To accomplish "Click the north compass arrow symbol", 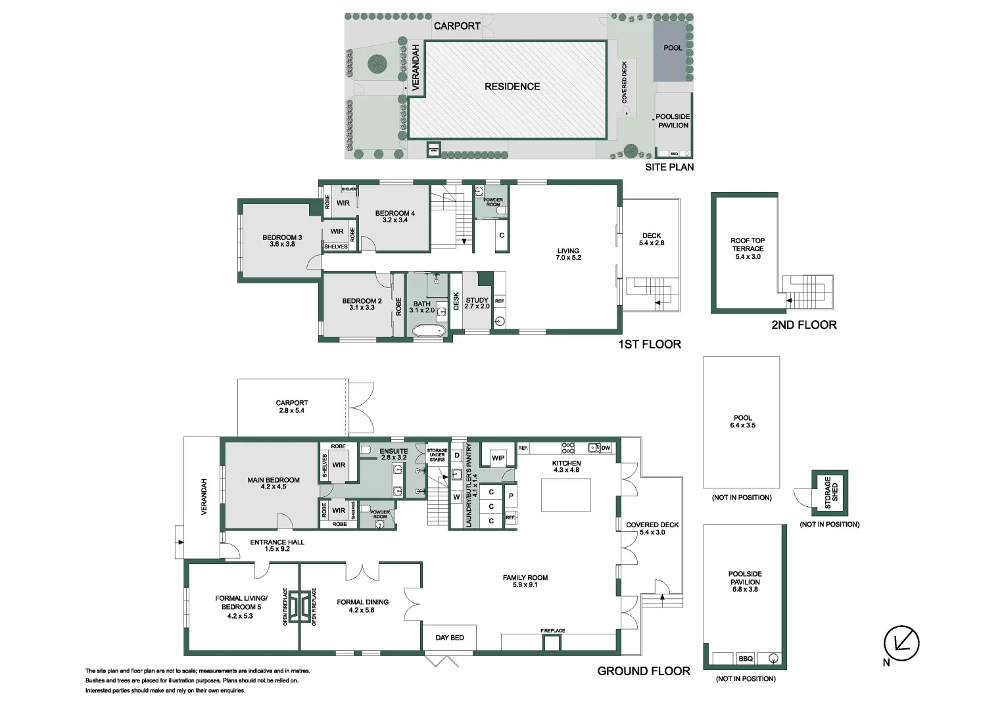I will [901, 644].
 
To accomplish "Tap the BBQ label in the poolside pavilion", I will [745, 658].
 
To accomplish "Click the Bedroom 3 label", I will [282, 237].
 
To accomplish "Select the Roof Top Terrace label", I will [748, 245].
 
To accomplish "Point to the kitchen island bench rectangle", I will [565, 495].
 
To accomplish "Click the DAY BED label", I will [450, 638].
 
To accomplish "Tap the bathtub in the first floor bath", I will [428, 330].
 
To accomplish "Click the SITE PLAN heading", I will [669, 167].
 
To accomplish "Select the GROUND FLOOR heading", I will [643, 671].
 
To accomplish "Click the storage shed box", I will [830, 492].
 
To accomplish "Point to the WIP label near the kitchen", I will [498, 458].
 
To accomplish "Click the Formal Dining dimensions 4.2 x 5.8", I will [362, 610].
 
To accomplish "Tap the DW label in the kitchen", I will [606, 448].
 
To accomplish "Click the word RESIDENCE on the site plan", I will [512, 86].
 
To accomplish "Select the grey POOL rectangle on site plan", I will [672, 51].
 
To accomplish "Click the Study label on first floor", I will [477, 300].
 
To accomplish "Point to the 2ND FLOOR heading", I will [803, 325].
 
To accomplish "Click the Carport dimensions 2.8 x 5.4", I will [291, 410].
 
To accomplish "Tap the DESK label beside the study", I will [456, 301].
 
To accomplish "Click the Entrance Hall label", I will [277, 542].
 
